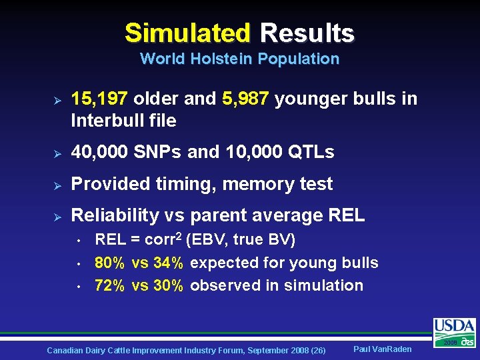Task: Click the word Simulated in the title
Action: pos(187,33)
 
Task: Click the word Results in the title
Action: pos(307,33)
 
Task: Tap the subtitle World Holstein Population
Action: pos(239,59)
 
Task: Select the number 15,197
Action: pos(100,99)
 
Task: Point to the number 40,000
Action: pos(100,152)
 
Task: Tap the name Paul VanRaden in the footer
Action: pos(382,349)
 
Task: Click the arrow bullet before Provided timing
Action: pos(57,185)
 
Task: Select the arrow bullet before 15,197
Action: pos(57,100)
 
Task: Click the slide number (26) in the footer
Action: pos(317,350)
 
